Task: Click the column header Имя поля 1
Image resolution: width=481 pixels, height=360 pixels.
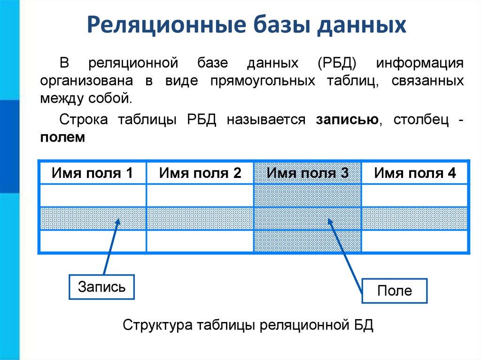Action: pyautogui.click(x=92, y=174)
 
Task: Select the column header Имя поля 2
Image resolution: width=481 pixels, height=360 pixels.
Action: pyautogui.click(x=200, y=174)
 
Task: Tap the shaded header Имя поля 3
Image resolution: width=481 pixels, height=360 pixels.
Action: pyautogui.click(x=308, y=174)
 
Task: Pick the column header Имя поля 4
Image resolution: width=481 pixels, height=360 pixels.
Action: pyautogui.click(x=415, y=174)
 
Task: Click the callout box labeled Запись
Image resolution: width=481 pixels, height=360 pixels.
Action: pyautogui.click(x=101, y=286)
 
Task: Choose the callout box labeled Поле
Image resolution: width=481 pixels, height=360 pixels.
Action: pyautogui.click(x=395, y=291)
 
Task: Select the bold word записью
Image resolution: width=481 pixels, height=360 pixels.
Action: pyautogui.click(x=348, y=120)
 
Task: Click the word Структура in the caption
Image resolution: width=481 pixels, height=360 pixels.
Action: pyautogui.click(x=158, y=325)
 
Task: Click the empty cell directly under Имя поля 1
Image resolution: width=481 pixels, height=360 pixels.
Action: pyautogui.click(x=92, y=195)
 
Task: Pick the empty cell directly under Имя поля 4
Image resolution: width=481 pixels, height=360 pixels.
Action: pyautogui.click(x=415, y=195)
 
